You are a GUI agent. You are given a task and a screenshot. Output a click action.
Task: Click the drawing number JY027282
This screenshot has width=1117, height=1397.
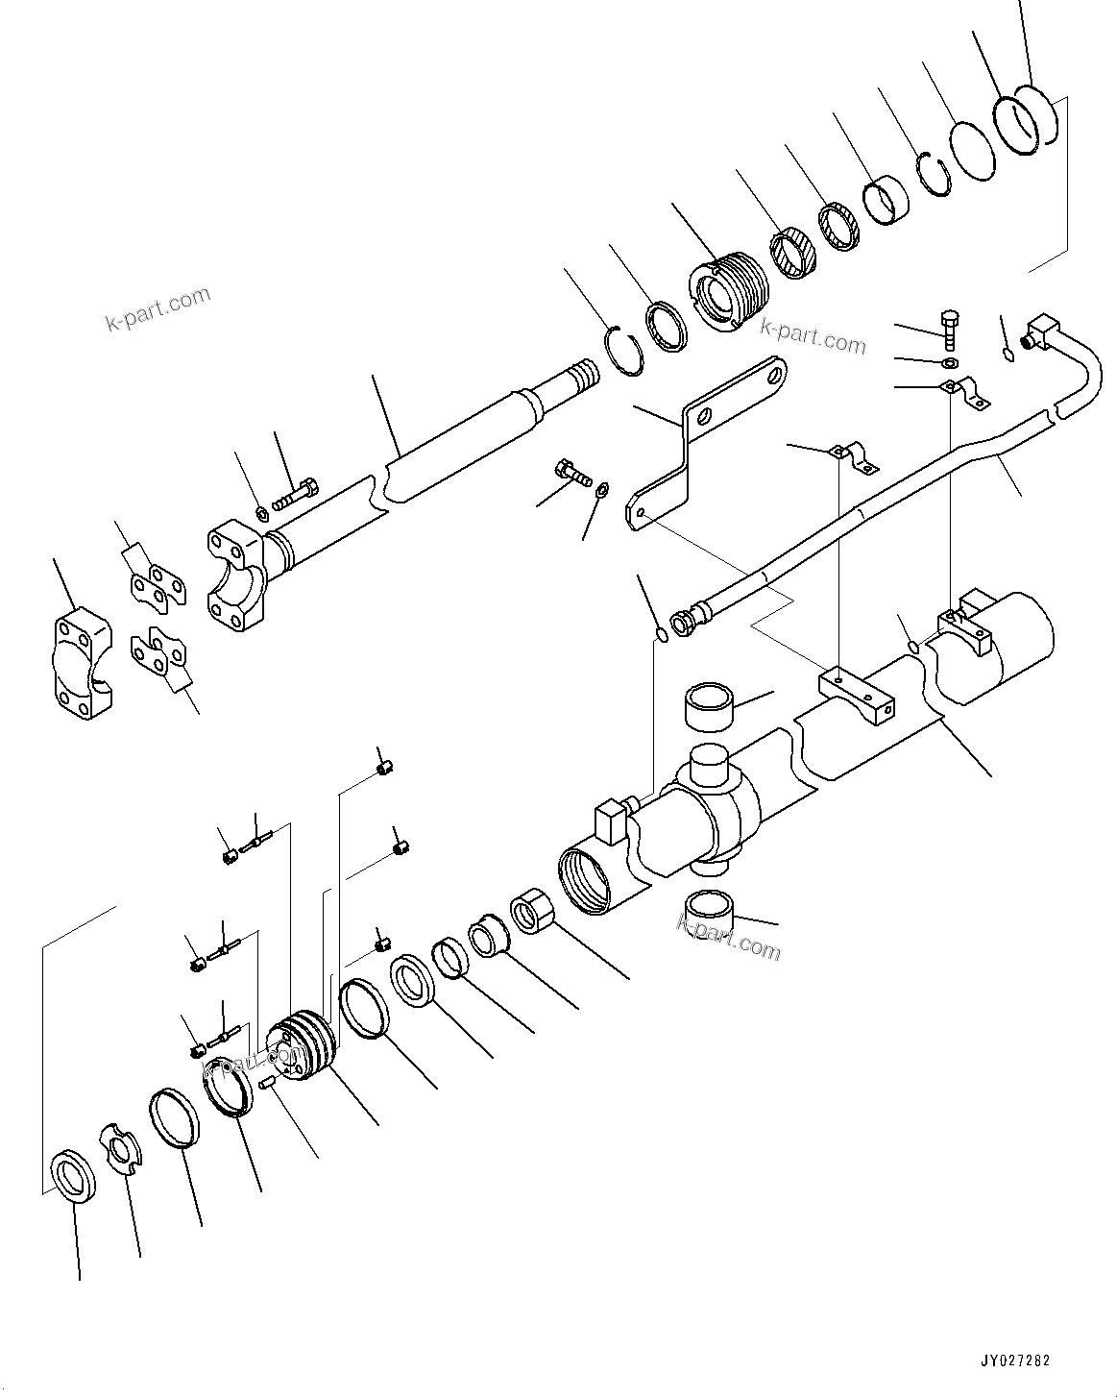[1015, 1361]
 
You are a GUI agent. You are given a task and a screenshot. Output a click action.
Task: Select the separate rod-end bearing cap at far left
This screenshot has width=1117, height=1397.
[80, 663]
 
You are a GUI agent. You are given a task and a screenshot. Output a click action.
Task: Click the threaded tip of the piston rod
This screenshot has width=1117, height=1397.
[581, 374]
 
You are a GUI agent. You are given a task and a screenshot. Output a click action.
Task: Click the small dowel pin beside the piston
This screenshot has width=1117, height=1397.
[268, 1083]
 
